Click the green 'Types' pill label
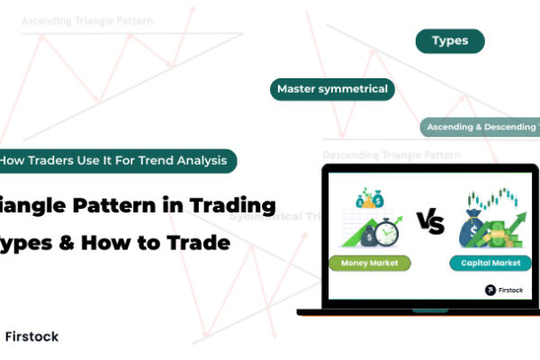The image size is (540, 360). tap(449, 41)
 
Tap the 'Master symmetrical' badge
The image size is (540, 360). tap(333, 89)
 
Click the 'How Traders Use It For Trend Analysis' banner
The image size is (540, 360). tap(118, 161)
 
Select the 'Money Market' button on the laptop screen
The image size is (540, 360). tap(374, 264)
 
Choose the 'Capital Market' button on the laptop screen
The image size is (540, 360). tap(486, 264)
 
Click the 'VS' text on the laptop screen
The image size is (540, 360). tap(431, 222)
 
